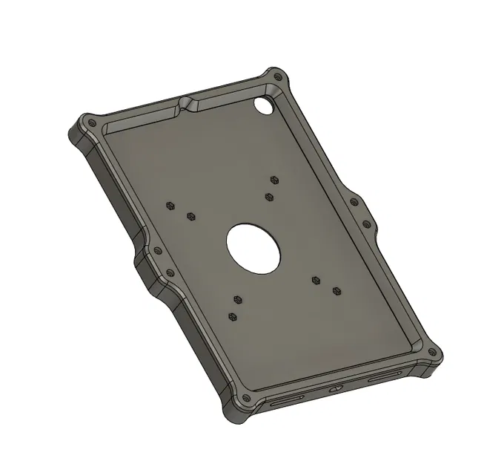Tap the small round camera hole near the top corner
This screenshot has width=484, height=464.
262,106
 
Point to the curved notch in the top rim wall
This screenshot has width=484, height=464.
186,102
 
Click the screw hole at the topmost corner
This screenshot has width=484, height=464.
276,75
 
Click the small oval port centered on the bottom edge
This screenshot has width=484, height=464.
334,388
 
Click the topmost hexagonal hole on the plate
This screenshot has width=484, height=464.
274,180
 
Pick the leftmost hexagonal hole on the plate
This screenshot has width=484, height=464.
170,206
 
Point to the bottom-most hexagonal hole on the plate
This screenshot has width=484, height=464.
234,317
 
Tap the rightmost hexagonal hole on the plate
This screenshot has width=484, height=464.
337,290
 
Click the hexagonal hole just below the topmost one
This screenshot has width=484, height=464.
268,196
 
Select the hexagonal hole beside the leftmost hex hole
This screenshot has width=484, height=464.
190,217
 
